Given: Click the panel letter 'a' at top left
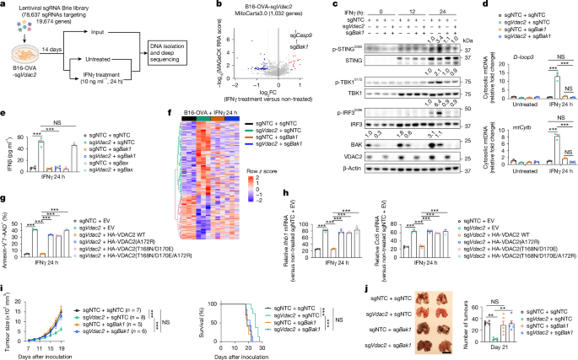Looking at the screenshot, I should click(x=3, y=5).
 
